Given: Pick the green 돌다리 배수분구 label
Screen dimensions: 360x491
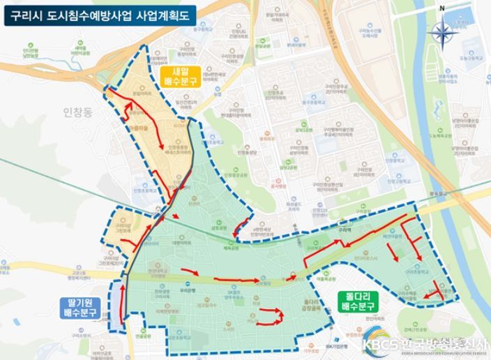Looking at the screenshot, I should tap(359, 301).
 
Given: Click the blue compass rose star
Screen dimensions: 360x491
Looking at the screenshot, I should tap(441, 31).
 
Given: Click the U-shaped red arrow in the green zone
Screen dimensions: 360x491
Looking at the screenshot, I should tap(269, 317).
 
